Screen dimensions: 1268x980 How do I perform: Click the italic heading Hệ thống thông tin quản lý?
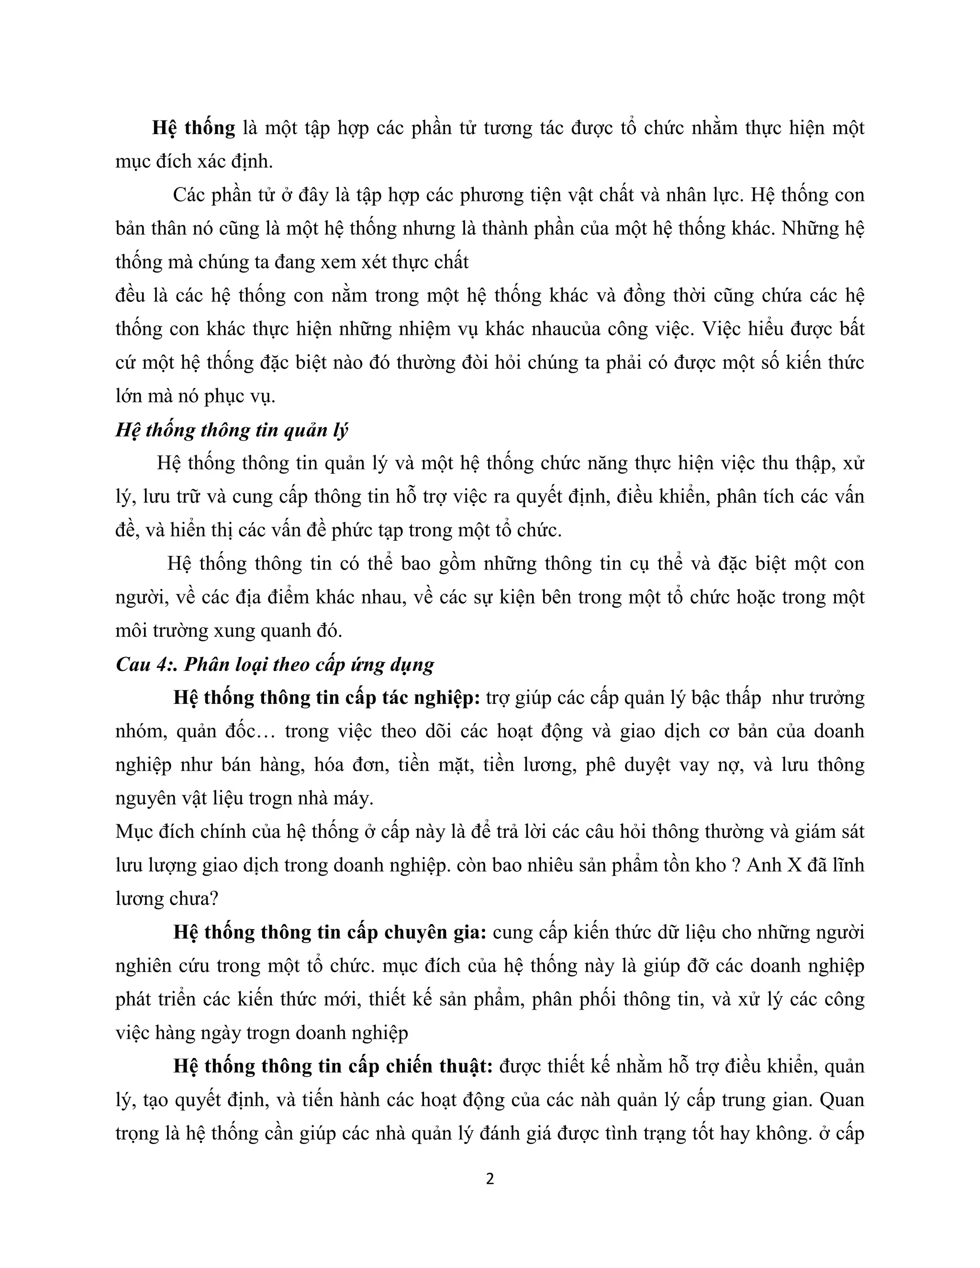click(x=232, y=430)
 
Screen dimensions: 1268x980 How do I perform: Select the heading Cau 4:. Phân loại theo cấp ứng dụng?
click(x=275, y=664)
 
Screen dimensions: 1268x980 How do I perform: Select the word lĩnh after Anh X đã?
click(x=847, y=865)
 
